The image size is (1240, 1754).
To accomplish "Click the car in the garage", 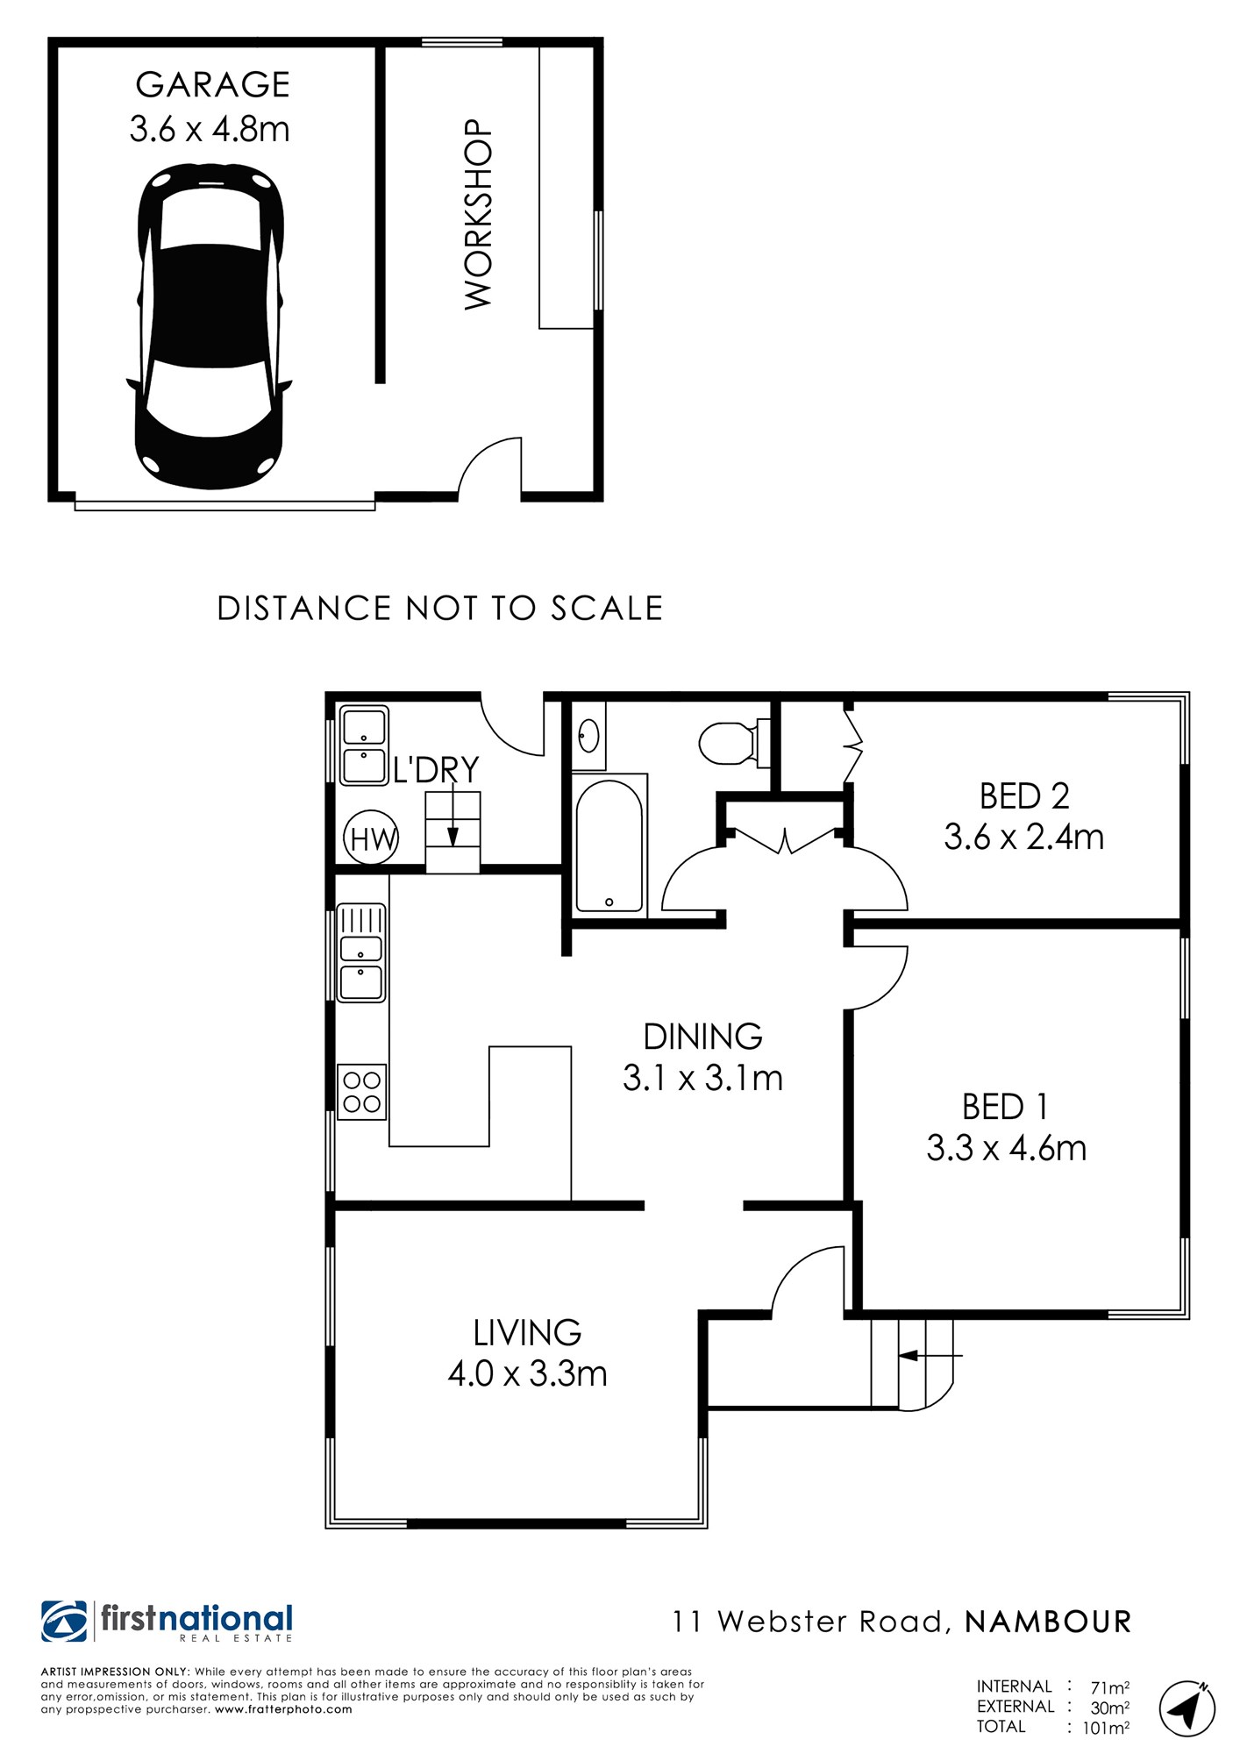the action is click(210, 325).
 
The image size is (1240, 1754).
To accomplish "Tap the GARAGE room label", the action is click(212, 85).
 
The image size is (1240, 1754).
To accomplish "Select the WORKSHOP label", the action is click(479, 214).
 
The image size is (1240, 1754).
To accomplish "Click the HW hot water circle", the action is click(371, 838).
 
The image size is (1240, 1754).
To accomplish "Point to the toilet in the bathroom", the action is click(735, 742).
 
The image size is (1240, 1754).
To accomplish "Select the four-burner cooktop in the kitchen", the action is click(362, 1092).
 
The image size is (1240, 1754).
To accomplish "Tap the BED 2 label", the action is click(1024, 796).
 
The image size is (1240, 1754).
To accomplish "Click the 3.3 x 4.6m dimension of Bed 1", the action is click(1007, 1148).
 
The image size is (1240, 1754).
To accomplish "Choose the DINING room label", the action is click(703, 1037).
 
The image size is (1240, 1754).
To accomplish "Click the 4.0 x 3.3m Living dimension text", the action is click(528, 1373).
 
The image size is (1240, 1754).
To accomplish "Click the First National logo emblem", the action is click(64, 1622).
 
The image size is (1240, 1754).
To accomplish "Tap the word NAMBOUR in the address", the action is click(1048, 1622).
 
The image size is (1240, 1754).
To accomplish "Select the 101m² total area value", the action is click(1106, 1728).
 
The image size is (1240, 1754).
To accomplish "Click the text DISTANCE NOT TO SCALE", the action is click(440, 609).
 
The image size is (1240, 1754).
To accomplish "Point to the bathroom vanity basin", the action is click(589, 735).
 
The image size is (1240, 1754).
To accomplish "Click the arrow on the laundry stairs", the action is click(453, 816).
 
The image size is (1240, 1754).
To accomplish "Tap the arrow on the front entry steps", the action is click(930, 1355).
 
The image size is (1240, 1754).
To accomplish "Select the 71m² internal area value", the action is click(1109, 1687).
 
